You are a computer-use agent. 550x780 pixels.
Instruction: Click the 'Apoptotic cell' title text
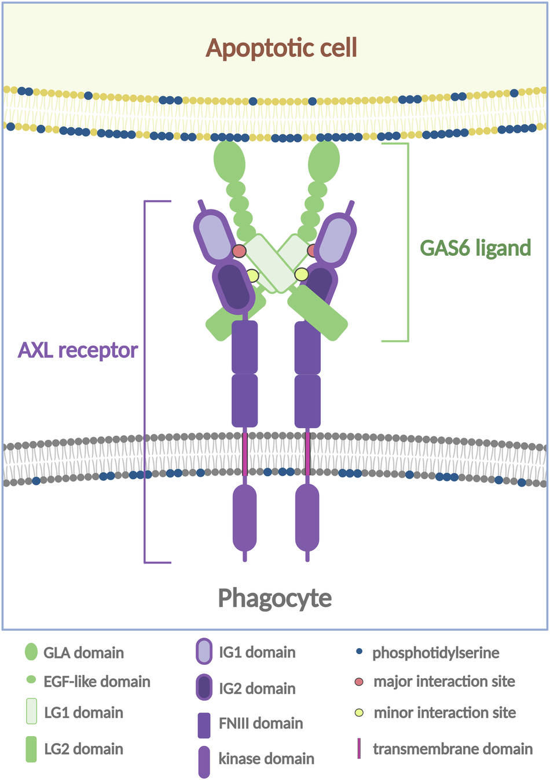click(x=281, y=48)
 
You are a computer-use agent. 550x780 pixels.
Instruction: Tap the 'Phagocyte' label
click(x=274, y=598)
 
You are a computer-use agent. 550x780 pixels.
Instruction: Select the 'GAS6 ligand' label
click(x=475, y=248)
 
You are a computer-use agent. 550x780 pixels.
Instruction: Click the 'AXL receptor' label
click(x=78, y=350)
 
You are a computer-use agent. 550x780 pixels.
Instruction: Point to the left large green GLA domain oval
click(x=229, y=160)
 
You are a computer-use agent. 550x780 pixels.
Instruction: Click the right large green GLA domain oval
click(x=324, y=160)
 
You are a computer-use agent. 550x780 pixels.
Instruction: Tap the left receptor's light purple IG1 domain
click(x=215, y=237)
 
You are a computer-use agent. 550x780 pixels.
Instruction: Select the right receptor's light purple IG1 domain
click(x=336, y=237)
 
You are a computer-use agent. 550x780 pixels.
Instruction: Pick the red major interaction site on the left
click(x=239, y=251)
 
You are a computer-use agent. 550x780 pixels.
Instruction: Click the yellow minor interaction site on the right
click(x=301, y=274)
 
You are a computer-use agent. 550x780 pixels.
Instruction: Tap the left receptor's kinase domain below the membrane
click(x=244, y=517)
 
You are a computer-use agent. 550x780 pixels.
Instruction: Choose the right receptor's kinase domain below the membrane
click(x=307, y=517)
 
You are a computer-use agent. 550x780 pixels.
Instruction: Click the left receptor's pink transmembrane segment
click(x=245, y=454)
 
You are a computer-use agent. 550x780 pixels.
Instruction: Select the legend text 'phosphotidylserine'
click(x=435, y=653)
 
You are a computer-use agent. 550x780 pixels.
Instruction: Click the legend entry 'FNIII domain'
click(x=261, y=723)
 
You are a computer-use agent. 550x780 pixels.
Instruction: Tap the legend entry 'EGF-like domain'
click(x=97, y=682)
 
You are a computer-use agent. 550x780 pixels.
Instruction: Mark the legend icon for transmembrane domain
click(x=359, y=748)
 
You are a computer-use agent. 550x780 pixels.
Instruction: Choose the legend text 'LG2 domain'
click(x=83, y=749)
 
